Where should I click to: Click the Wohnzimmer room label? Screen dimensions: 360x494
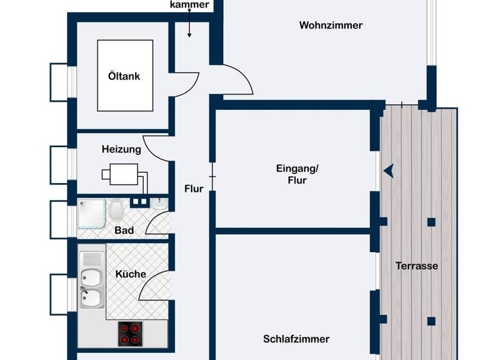click(331, 26)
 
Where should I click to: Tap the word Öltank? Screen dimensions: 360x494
click(123, 76)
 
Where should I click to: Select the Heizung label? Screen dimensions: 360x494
click(121, 149)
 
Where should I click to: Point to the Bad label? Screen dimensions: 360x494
click(123, 230)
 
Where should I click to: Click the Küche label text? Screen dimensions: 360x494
click(131, 274)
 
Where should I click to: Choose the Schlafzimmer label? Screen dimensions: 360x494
click(296, 339)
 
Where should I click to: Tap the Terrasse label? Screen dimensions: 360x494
click(417, 265)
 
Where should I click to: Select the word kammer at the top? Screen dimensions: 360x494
click(189, 5)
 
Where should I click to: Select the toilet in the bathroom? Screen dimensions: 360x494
click(116, 210)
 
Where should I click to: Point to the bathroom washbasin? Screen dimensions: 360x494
click(160, 204)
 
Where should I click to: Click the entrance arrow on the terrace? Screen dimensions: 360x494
click(389, 170)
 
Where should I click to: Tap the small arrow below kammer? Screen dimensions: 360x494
click(190, 28)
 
